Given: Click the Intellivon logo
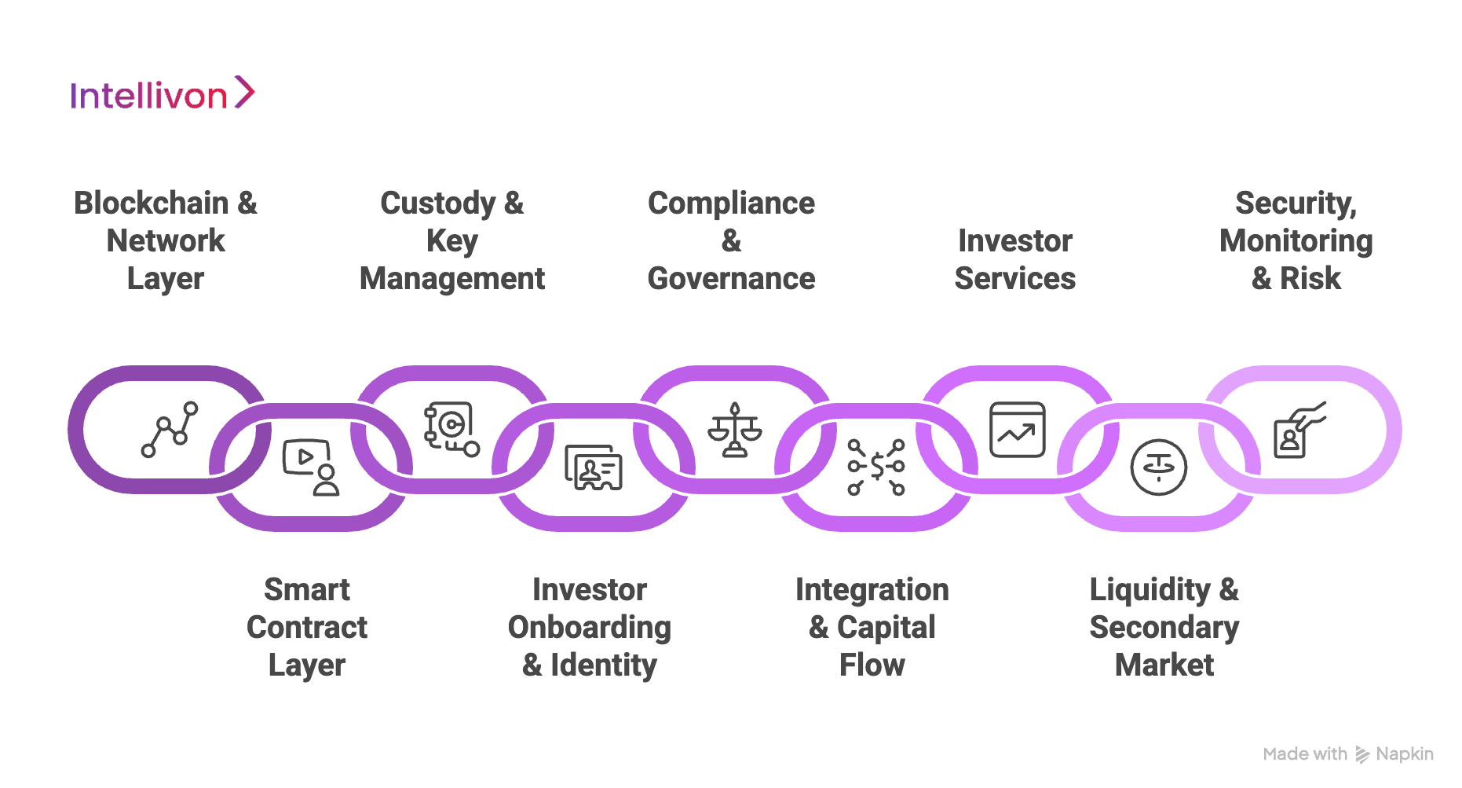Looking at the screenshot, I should pyautogui.click(x=162, y=94).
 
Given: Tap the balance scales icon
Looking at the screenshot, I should pyautogui.click(x=735, y=430).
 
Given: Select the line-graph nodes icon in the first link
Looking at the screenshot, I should pyautogui.click(x=170, y=430).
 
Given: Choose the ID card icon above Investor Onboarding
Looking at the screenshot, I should pyautogui.click(x=594, y=467).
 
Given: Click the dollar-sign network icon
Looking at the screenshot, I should pyautogui.click(x=876, y=467).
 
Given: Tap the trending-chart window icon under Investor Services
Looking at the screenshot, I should pyautogui.click(x=1017, y=430).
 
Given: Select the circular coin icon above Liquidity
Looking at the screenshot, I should pyautogui.click(x=1158, y=467).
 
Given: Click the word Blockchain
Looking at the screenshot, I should pyautogui.click(x=152, y=203).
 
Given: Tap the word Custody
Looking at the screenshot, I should pyautogui.click(x=438, y=203).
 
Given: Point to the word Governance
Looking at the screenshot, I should pyautogui.click(x=731, y=279).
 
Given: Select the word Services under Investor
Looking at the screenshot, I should pyautogui.click(x=1014, y=279).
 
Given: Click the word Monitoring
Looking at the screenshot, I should pyautogui.click(x=1296, y=241).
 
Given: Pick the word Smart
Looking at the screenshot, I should pyautogui.click(x=307, y=590).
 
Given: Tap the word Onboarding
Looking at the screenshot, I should pyautogui.click(x=590, y=628).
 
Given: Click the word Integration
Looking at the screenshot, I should pyautogui.click(x=872, y=590).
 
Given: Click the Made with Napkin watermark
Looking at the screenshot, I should pyautogui.click(x=1347, y=754).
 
